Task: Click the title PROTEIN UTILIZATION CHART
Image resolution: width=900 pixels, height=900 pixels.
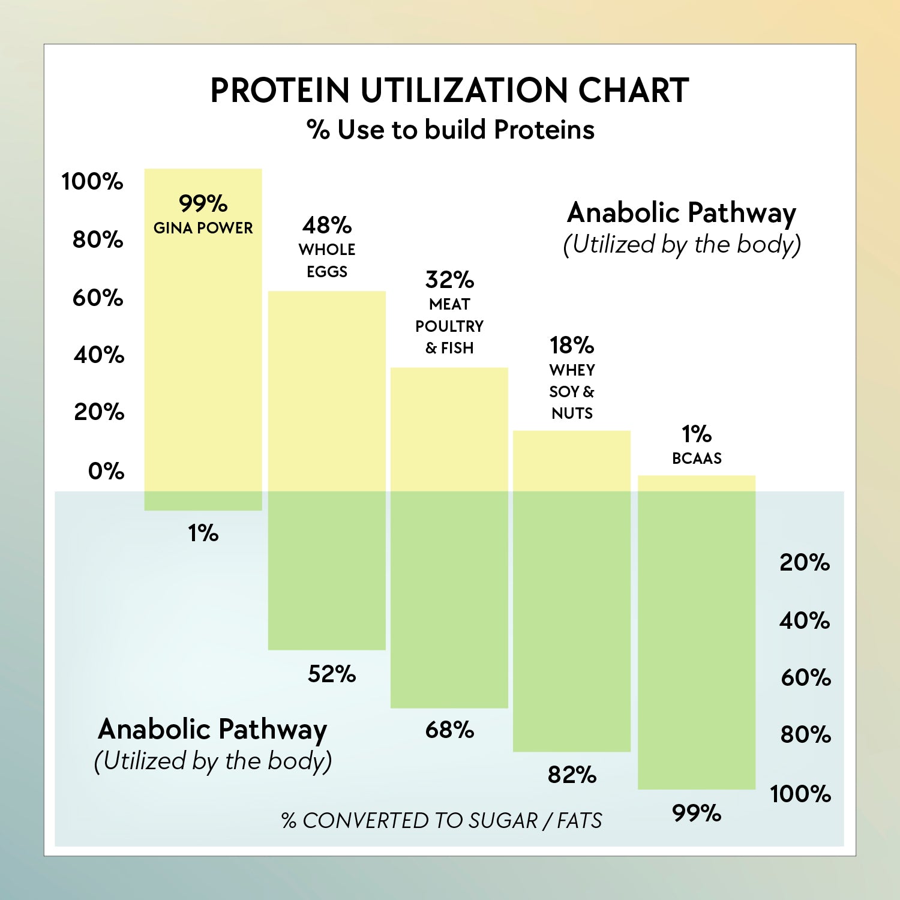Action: coord(449,91)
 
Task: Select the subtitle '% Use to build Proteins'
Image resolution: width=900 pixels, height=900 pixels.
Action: coord(450,130)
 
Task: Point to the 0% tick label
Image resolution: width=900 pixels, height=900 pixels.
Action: coord(106,471)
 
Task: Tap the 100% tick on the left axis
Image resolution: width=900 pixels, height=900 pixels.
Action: coord(92,181)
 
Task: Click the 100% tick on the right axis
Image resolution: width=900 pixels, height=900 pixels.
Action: coord(800,794)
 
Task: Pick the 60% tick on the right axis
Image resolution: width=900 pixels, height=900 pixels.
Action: coord(806,677)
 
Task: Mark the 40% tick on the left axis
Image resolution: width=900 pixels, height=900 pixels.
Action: coord(99,355)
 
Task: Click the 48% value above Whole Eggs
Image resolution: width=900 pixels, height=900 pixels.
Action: coord(327,225)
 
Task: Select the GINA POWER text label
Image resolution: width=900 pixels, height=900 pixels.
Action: coord(203,228)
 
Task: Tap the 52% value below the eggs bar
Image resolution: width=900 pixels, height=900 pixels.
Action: coord(332,674)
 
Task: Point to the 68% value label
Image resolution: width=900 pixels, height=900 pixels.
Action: coord(449,730)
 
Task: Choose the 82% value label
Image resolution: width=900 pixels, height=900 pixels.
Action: coord(572,775)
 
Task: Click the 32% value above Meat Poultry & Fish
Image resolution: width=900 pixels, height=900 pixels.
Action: coord(449,280)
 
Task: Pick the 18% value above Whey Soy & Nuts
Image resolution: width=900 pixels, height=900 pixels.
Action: coord(572,345)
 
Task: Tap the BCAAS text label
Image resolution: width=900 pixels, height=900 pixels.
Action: coord(697,458)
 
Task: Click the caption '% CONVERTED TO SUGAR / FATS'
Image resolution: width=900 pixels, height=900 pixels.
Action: coord(442,820)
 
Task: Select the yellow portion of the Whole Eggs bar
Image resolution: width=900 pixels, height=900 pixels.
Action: coord(327,390)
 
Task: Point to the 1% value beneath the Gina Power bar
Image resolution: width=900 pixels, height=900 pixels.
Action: coord(203,533)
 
